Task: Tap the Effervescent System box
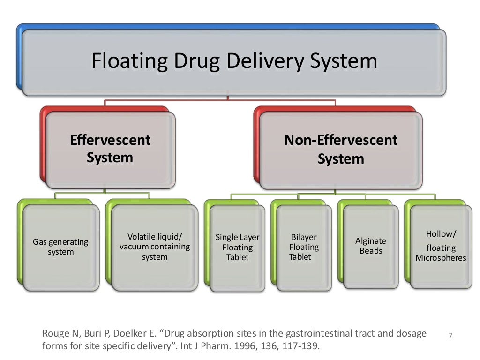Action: pyautogui.click(x=110, y=149)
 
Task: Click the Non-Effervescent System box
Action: pyautogui.click(x=341, y=150)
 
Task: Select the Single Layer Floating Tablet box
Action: pyautogui.click(x=237, y=247)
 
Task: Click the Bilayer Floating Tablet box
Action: pyautogui.click(x=304, y=247)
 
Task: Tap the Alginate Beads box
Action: pyautogui.click(x=371, y=246)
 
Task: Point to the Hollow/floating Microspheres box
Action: pyautogui.click(x=441, y=246)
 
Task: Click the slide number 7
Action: pyautogui.click(x=450, y=335)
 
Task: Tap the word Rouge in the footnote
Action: pyautogui.click(x=55, y=334)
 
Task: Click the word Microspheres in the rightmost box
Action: pyautogui.click(x=441, y=258)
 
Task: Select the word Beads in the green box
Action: pyautogui.click(x=371, y=251)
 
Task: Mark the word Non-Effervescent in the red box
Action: pyautogui.click(x=341, y=140)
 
